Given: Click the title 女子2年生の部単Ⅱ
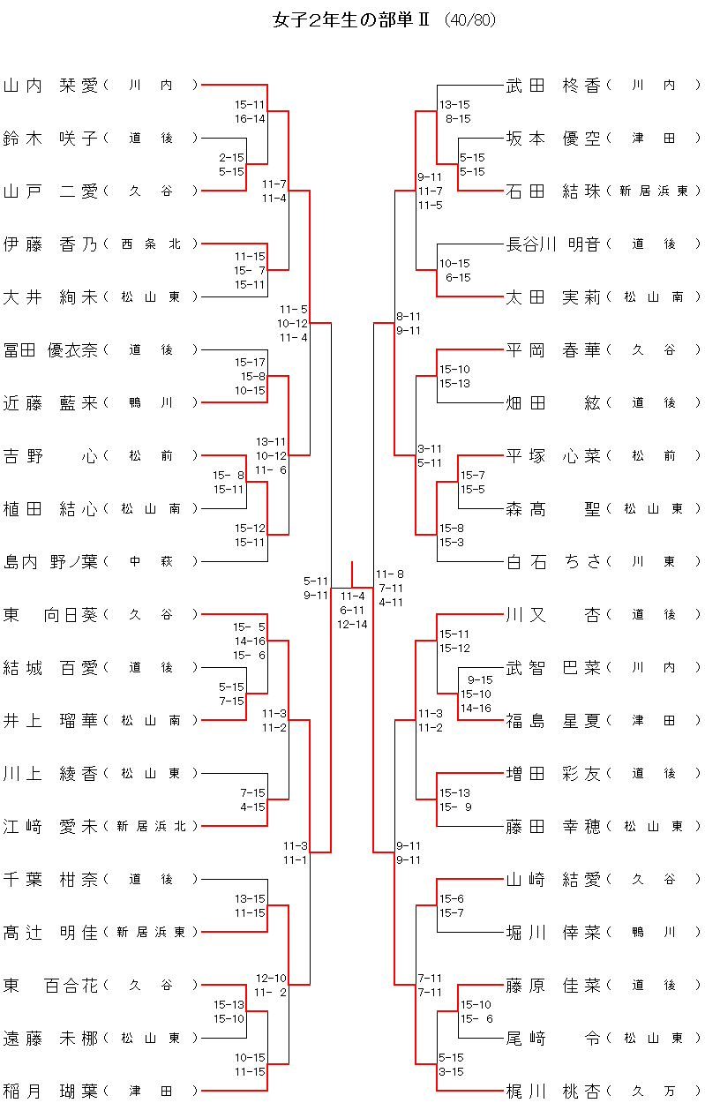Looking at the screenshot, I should tap(351, 19).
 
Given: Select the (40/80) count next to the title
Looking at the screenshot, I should tap(470, 20).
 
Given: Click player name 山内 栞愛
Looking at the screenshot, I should tap(50, 86).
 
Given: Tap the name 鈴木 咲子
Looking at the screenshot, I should tap(50, 139).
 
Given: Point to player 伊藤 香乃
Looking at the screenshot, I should tap(50, 244).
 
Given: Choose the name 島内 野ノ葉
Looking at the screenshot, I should tap(50, 562).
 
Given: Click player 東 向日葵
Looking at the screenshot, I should tap(50, 615).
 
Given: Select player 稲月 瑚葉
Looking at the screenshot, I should tap(50, 1092).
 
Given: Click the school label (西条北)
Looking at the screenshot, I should tap(151, 244).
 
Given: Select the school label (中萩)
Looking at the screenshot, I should tap(151, 562).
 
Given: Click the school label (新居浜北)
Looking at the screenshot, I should tap(151, 827).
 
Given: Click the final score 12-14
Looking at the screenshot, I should tap(352, 624).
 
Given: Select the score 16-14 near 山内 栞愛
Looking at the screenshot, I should tap(250, 118).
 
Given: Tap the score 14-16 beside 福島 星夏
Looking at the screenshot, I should tap(476, 708).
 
